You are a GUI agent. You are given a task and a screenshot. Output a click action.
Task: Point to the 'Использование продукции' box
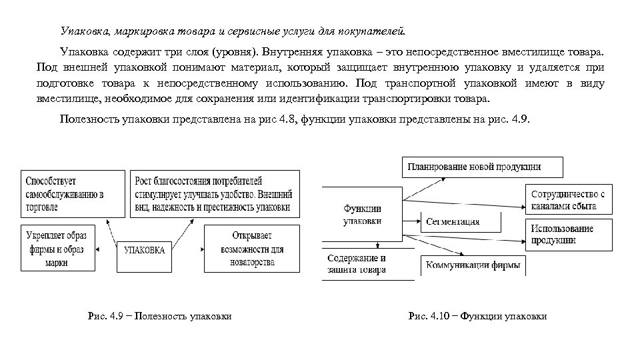click(568, 234)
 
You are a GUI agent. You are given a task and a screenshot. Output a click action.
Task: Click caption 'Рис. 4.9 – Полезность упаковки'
click(160, 316)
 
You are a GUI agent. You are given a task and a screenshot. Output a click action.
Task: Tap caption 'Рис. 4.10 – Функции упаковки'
click(477, 316)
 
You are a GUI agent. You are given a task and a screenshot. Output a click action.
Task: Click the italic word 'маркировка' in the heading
click(143, 31)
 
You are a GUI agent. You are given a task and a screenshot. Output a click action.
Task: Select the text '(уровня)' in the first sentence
click(233, 51)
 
